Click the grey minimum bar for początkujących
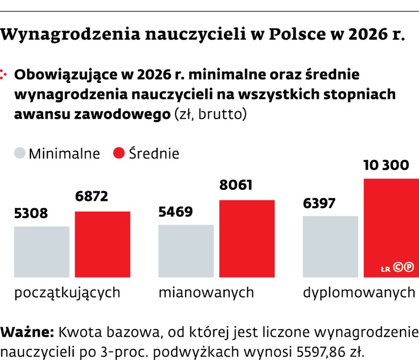pos(41,252)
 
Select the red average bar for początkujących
pos(102,244)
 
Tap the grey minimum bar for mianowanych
pos(186,250)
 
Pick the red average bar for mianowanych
pos(247,238)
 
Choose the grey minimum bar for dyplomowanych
pos(330,246)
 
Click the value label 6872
pos(91,197)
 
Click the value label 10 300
pos(386,165)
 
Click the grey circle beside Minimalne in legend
pos(20,154)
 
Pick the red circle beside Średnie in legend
pos(119,154)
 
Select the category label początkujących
pos(67,292)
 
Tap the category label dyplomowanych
pos(359,292)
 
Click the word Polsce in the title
pos(298,36)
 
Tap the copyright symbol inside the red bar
pos(398,269)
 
